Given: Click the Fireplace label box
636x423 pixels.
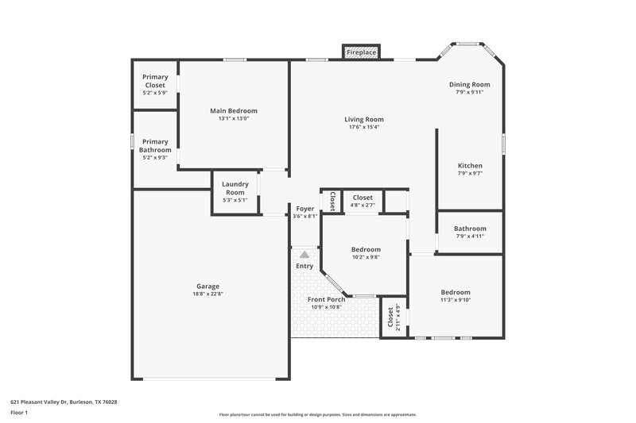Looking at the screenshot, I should pos(361,52).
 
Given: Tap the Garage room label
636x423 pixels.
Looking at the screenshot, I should pos(207,286).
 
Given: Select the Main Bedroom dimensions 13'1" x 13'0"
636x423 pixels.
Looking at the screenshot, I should pos(233,119).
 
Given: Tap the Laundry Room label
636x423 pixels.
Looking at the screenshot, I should pos(235,188).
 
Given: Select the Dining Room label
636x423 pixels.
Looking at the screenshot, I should pos(469,84).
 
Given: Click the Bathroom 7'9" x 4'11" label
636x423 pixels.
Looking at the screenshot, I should pos(470,229).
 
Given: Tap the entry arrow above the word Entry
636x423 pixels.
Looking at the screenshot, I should pos(304,255).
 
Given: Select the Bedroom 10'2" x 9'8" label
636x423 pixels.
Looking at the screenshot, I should pos(366,249).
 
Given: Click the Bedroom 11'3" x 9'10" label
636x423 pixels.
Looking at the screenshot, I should pos(456,292).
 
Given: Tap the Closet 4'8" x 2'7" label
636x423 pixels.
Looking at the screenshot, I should pos(363,198).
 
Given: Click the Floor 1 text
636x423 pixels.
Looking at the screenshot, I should pos(20,413).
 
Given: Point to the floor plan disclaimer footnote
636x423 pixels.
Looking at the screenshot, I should pos(317,414).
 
